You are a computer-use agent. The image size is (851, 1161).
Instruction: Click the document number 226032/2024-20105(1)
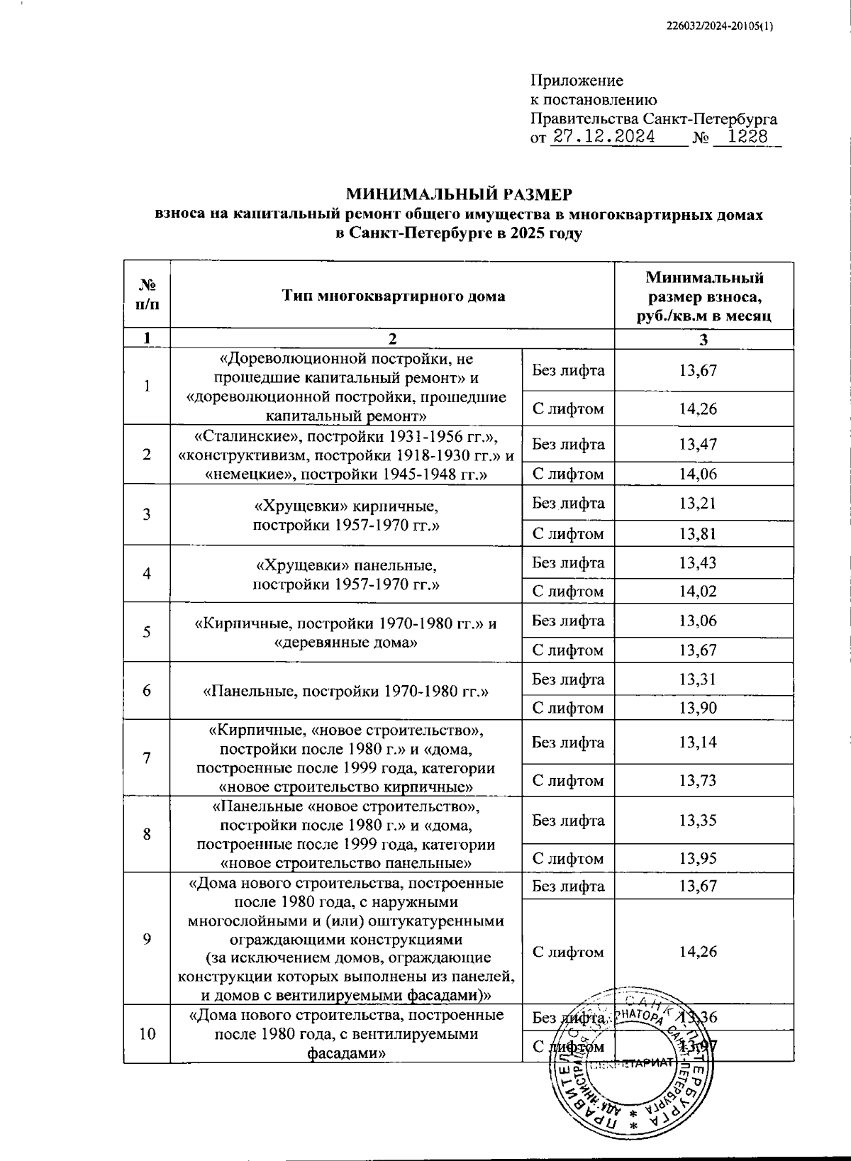721,26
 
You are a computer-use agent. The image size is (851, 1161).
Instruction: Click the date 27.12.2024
604,137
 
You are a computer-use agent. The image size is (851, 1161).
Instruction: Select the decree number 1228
747,137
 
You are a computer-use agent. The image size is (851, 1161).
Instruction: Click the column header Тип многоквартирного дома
392,296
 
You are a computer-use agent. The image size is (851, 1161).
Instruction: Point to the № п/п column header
147,296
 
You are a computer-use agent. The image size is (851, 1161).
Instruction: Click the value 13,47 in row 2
698,445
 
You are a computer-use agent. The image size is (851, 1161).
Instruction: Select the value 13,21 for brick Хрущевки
698,504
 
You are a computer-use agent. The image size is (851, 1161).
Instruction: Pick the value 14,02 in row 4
698,591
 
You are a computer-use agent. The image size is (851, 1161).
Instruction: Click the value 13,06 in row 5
698,621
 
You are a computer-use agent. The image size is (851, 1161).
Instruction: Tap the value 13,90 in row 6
698,708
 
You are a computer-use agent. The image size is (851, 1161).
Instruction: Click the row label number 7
147,757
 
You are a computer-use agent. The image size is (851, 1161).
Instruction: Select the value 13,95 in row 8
698,858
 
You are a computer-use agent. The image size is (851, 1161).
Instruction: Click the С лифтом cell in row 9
568,952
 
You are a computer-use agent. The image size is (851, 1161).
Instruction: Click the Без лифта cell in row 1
568,370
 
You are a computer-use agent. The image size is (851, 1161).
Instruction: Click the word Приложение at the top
577,81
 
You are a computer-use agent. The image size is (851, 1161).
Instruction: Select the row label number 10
147,1034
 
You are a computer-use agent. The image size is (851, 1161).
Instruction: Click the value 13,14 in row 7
698,743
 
